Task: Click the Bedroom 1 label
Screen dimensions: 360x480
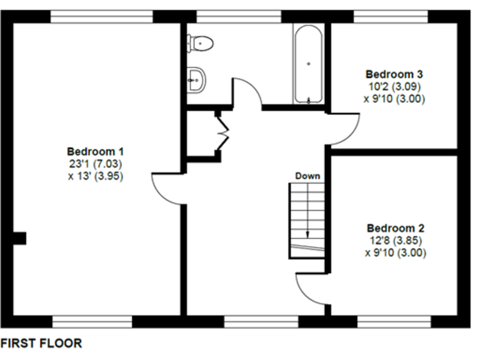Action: click(x=95, y=151)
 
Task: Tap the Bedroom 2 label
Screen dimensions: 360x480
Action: click(x=396, y=227)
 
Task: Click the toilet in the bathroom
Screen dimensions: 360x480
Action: click(x=201, y=42)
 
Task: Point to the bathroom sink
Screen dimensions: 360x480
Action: click(x=196, y=79)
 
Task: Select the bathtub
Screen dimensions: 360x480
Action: click(x=308, y=64)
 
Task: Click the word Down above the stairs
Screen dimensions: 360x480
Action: click(x=307, y=176)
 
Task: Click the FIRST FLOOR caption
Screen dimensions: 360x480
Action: click(x=41, y=343)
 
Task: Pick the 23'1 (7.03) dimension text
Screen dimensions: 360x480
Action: click(x=95, y=164)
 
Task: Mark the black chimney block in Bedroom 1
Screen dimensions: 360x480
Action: click(x=19, y=238)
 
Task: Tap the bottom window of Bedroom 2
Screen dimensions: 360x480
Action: click(x=394, y=321)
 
